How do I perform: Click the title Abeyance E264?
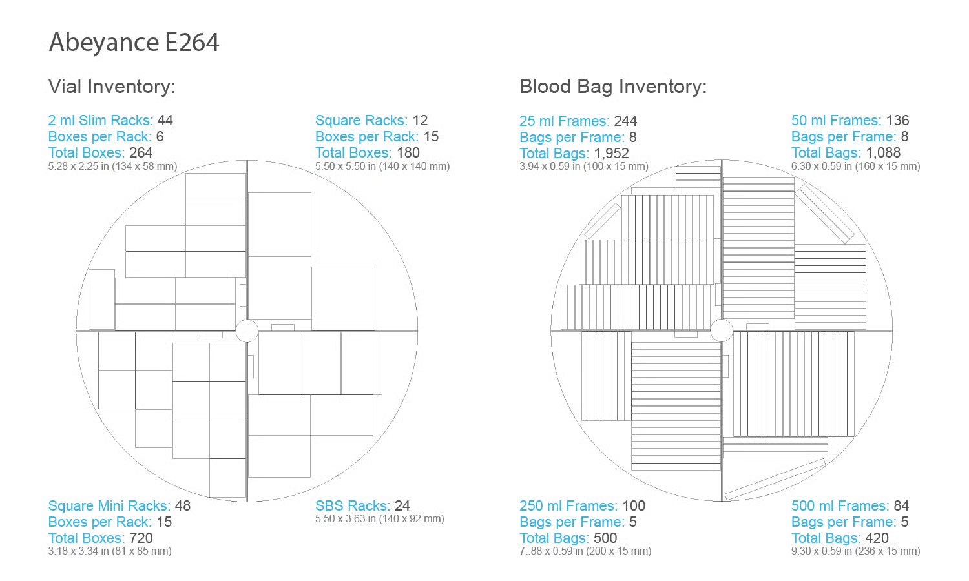point(134,43)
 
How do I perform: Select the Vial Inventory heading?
point(112,87)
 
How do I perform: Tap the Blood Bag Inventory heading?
point(613,87)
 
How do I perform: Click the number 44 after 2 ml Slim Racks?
point(165,120)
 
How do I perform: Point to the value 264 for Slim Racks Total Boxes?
point(141,152)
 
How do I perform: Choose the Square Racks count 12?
point(420,120)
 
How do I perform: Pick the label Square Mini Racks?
point(109,505)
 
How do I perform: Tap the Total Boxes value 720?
point(141,538)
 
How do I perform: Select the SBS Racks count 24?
point(402,505)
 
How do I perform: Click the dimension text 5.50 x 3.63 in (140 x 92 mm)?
point(380,519)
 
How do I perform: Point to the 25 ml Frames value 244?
point(625,121)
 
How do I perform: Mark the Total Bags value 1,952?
point(611,154)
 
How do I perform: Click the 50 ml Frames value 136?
point(897,120)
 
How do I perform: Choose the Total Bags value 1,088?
point(882,152)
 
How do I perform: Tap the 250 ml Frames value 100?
point(634,505)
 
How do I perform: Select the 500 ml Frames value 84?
point(901,505)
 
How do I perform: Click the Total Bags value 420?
point(877,538)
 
